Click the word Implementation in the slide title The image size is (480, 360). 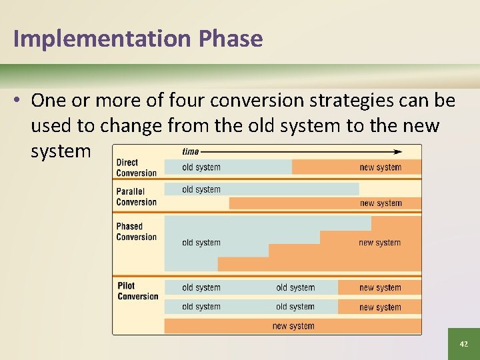click(x=102, y=39)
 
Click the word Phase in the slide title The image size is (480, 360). click(x=230, y=39)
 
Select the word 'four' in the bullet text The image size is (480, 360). click(x=187, y=101)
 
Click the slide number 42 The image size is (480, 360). click(x=463, y=344)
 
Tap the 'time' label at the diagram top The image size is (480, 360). click(x=191, y=151)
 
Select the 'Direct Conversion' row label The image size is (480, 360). click(x=136, y=167)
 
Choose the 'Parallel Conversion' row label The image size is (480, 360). click(x=136, y=197)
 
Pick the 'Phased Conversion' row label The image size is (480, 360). click(x=136, y=231)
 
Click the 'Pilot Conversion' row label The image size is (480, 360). click(x=137, y=291)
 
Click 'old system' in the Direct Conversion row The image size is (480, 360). click(x=201, y=167)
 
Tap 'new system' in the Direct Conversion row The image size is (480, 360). click(x=380, y=167)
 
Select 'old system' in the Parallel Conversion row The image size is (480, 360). click(x=201, y=189)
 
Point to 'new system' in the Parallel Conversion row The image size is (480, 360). click(x=381, y=203)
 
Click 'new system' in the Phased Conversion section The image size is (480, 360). click(x=379, y=243)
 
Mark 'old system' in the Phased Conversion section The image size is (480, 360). click(x=201, y=243)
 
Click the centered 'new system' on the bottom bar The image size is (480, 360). click(x=293, y=326)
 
